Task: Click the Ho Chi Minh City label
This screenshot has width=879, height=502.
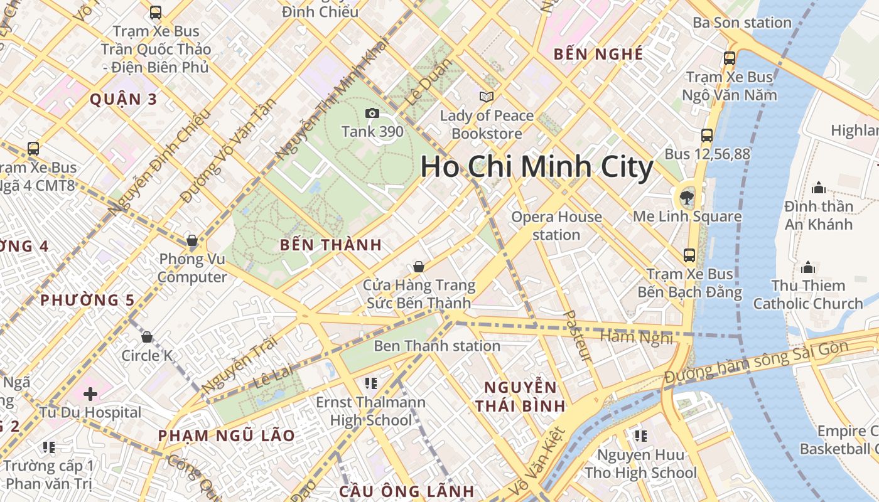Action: click(x=537, y=167)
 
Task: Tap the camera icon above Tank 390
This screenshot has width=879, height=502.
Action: click(x=372, y=113)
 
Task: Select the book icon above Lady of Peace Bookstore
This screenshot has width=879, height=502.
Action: click(x=486, y=97)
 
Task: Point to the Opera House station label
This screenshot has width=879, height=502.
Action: click(x=556, y=226)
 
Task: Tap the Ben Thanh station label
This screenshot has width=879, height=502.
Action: click(x=437, y=346)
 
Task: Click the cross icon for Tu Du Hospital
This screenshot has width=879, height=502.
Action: click(x=90, y=394)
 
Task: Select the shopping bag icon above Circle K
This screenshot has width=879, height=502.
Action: click(x=147, y=337)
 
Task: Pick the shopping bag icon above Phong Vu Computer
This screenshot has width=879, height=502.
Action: click(x=192, y=240)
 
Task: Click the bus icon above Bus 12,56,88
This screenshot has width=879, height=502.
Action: click(x=707, y=135)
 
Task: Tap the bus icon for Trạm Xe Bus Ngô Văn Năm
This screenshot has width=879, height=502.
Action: click(x=730, y=58)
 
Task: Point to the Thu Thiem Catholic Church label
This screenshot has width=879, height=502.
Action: click(x=808, y=294)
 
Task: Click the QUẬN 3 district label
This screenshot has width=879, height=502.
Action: click(x=123, y=99)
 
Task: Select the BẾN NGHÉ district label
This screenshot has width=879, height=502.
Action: click(x=598, y=55)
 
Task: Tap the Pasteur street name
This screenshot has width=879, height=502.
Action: click(x=577, y=336)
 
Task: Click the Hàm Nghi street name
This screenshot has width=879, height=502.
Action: click(x=636, y=337)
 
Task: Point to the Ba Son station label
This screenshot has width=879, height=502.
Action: click(x=742, y=23)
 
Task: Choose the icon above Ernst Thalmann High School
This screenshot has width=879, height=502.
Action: click(x=370, y=383)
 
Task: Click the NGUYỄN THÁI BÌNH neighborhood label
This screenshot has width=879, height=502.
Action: click(x=520, y=397)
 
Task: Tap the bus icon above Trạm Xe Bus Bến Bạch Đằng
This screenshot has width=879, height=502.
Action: click(x=689, y=255)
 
